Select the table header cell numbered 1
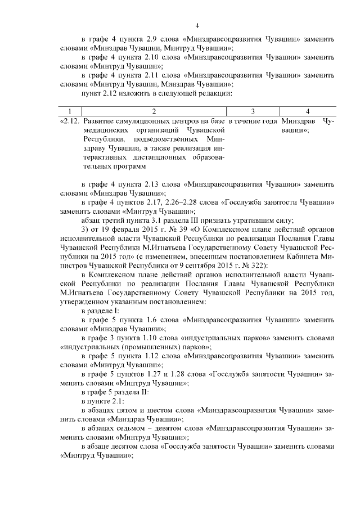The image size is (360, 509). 70,111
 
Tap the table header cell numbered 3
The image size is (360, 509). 253,111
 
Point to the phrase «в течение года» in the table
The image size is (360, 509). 253,121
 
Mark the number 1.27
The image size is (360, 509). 150,373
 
